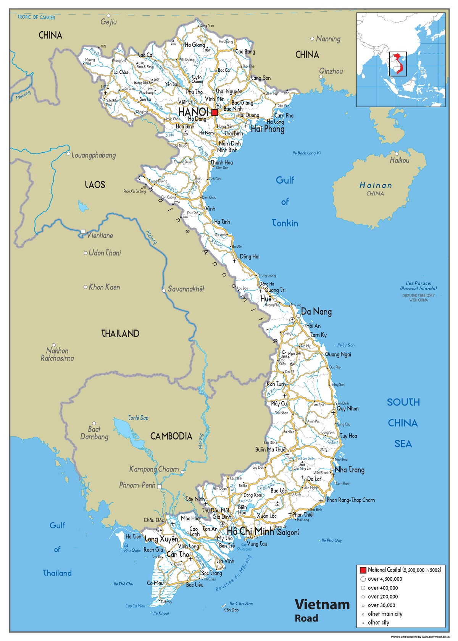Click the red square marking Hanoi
point(214,112)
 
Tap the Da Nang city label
point(316,312)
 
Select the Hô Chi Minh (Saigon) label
point(263,531)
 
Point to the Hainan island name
point(376,186)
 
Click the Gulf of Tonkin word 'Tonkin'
point(285,223)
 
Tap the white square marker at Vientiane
point(83,231)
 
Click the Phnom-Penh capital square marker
point(159,486)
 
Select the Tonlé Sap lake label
point(138,418)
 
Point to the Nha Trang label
point(349,470)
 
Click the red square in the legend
point(363,570)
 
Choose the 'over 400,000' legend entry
point(382,588)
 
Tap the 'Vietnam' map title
point(322,604)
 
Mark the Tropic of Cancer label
point(36,17)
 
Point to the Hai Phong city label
point(268,129)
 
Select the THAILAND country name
point(120,334)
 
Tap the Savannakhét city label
point(186,289)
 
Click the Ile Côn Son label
point(241,604)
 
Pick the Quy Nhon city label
point(347,408)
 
